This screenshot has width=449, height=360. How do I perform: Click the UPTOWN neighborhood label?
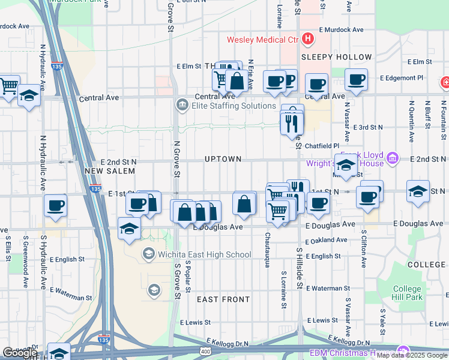(x=223, y=159)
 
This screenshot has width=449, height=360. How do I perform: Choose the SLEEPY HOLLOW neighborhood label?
(x=336, y=57)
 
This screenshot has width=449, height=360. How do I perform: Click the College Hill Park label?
(x=408, y=293)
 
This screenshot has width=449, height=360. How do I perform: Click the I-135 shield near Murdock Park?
(x=58, y=68)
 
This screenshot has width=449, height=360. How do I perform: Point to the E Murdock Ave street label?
(x=341, y=29)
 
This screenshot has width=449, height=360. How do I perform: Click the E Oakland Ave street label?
(x=326, y=240)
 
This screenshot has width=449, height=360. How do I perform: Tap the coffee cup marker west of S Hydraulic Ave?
(x=56, y=205)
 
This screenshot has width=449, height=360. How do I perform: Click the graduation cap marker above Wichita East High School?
(x=128, y=229)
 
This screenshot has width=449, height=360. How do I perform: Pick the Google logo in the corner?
(x=20, y=353)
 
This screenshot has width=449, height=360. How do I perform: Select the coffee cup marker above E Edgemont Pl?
(x=356, y=79)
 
